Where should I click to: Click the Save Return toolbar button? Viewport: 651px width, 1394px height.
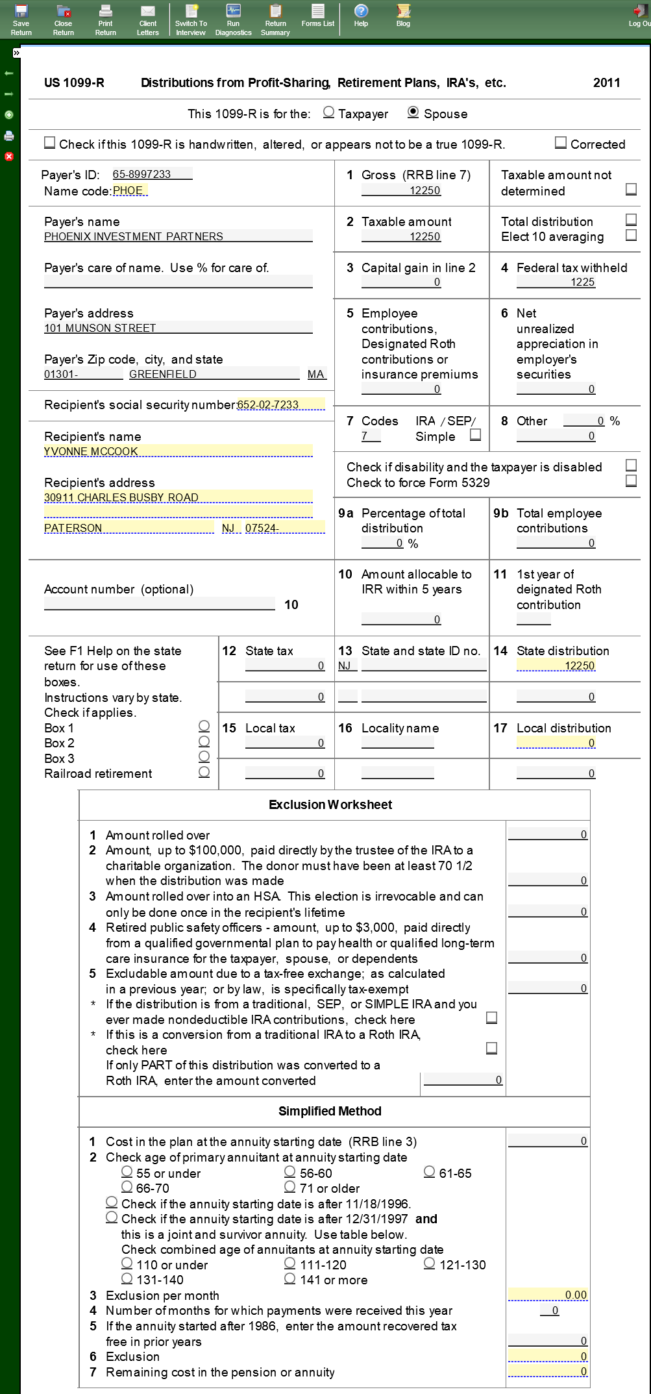coord(21,19)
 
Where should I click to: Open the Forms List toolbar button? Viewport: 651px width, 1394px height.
coord(317,16)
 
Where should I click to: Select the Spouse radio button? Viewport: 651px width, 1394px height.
coord(413,112)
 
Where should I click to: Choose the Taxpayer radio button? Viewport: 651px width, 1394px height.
coord(329,112)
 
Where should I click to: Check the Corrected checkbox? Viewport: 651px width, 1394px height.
coord(561,143)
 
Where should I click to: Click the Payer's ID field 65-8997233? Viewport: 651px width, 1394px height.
coord(152,174)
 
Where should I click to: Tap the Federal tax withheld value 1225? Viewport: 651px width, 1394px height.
coord(556,282)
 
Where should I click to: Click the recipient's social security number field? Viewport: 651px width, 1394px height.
coord(280,405)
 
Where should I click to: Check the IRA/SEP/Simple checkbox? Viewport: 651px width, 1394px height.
coord(476,435)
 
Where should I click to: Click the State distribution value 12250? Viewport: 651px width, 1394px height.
coord(556,666)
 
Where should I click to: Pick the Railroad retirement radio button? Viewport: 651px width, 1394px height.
coord(204,772)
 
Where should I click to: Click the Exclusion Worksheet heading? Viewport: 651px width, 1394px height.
coord(330,804)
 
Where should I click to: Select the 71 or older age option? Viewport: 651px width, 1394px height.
coord(290,1187)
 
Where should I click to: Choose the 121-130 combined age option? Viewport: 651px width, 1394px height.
coord(430,1263)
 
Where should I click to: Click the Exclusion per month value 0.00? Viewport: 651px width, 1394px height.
coord(548,1295)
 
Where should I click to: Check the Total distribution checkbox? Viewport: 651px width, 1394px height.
coord(631,219)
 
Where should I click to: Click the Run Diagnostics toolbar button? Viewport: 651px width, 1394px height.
coord(233,19)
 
